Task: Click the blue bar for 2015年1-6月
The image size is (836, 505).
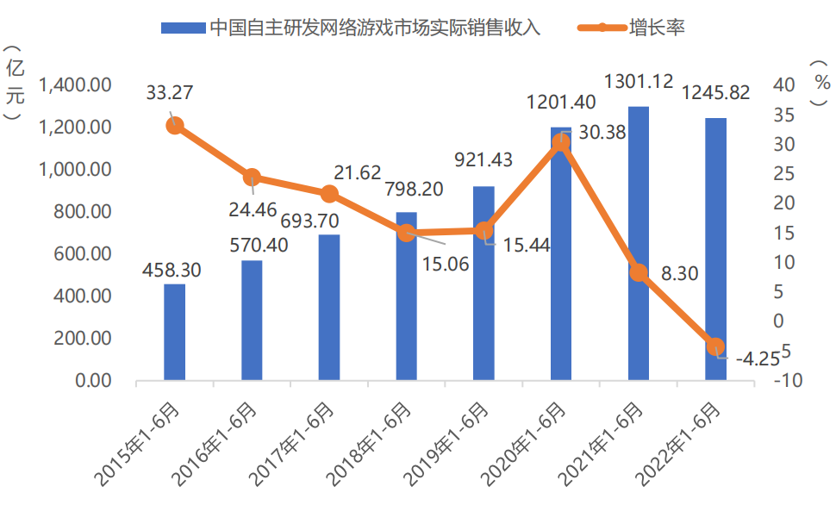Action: (x=174, y=332)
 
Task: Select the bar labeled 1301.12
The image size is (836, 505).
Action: (x=639, y=243)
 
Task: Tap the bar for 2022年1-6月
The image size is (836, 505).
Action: (x=715, y=249)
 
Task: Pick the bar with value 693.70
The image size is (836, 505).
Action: (x=328, y=307)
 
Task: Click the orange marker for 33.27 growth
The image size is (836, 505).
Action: (x=175, y=126)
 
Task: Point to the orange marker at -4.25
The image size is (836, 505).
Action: (x=715, y=346)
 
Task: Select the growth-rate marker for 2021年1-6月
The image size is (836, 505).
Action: (x=639, y=272)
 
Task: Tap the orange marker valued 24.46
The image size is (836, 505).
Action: (x=252, y=178)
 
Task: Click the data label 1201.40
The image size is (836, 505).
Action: (x=561, y=103)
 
